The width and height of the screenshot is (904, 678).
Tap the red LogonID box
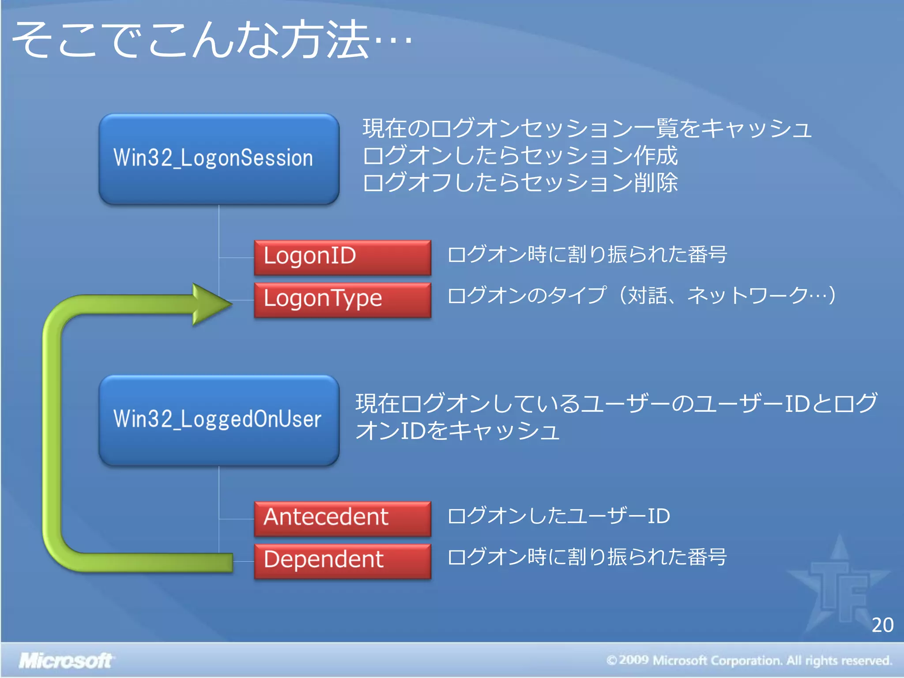coord(343,257)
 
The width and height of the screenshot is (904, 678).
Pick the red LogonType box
coord(343,299)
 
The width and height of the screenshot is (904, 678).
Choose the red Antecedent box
coord(343,518)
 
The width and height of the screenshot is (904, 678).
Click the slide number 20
coord(882,625)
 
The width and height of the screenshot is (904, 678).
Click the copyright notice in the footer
coord(749,661)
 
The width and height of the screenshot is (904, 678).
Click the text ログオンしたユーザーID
coord(558,516)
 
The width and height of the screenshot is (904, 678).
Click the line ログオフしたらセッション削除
coord(520,183)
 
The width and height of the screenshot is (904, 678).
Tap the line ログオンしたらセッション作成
coord(520,155)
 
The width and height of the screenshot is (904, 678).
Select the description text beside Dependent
coord(587,557)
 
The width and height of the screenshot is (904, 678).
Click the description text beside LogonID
coord(587,255)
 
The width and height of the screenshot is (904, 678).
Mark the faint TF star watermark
coord(839,583)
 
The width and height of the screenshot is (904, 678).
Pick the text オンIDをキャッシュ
coord(457,431)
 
